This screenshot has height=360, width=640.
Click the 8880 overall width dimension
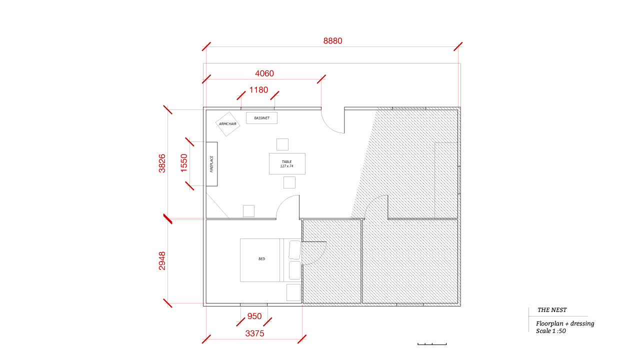tap(332, 41)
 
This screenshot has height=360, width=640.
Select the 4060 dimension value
tap(264, 73)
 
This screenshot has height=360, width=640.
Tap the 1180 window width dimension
tap(258, 89)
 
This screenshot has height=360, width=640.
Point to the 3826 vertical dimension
tap(162, 163)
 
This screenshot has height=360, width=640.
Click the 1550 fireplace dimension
tap(184, 163)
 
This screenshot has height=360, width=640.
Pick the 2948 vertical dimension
tap(162, 260)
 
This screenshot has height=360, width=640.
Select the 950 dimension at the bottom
tap(254, 316)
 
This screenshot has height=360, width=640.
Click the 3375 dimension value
tap(254, 333)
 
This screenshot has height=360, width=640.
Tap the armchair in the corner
tap(227, 124)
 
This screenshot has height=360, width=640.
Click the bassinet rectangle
tap(261, 118)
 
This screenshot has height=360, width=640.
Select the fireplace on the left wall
tap(211, 164)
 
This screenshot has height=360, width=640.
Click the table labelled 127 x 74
tap(287, 163)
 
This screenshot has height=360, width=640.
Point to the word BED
tap(261, 259)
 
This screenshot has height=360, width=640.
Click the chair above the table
tap(282, 144)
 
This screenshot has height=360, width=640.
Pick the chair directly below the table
tap(289, 182)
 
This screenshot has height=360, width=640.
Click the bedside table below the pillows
tap(293, 292)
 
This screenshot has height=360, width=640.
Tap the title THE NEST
tap(552, 310)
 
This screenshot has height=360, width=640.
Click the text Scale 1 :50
tap(551, 331)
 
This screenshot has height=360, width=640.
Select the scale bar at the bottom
tap(432, 344)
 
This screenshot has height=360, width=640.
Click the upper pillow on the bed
tap(295, 250)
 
